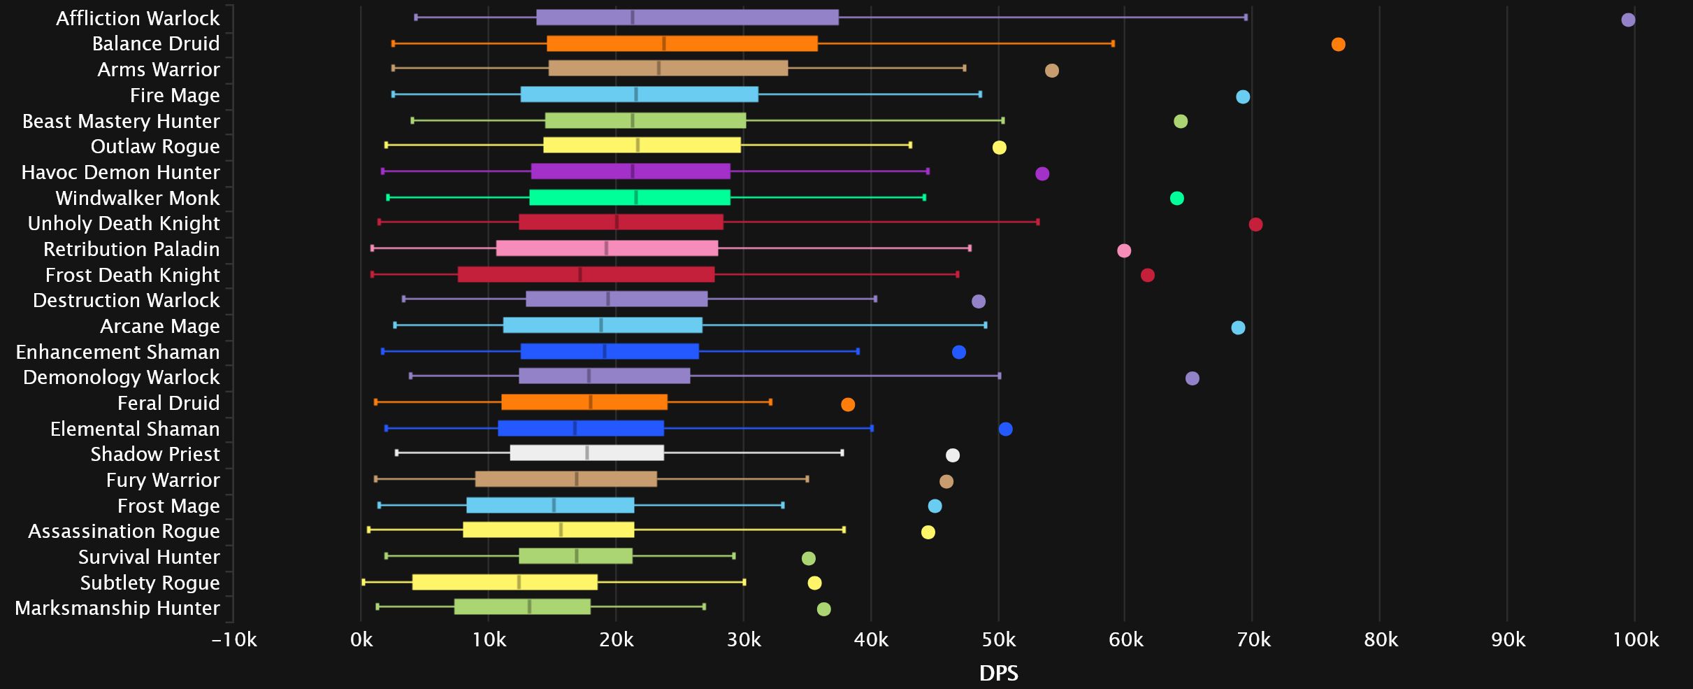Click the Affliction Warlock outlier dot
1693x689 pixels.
tap(1628, 20)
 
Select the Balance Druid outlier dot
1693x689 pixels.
tap(1338, 45)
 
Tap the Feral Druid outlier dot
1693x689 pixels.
tap(848, 404)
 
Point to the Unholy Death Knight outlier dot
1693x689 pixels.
tap(1255, 225)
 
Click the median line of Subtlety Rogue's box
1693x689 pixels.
tap(519, 582)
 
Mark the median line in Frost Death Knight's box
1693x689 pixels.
tap(580, 274)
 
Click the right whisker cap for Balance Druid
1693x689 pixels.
tap(1113, 43)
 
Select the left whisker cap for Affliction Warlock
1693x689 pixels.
tap(416, 17)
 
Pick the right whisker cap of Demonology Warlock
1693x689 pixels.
tap(1000, 376)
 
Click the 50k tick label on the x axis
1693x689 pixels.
tap(998, 639)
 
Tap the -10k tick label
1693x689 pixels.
tap(234, 639)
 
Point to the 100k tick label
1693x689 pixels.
tap(1636, 639)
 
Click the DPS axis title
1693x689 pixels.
tap(998, 673)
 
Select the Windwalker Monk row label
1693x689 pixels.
tap(138, 198)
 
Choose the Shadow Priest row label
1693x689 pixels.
tap(155, 454)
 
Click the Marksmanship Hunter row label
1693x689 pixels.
tap(117, 608)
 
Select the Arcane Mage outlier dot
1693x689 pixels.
tap(1238, 327)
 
